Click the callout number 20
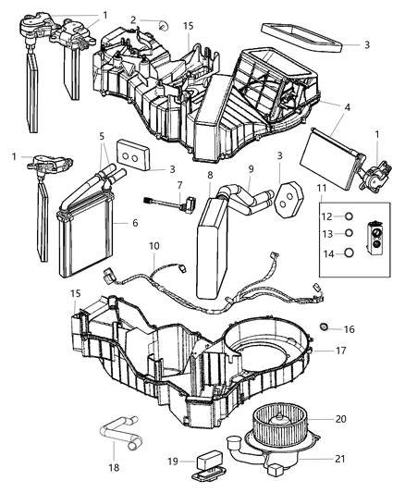point(341,419)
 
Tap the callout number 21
point(341,456)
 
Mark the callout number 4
point(347,107)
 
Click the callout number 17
point(340,351)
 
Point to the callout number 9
point(251,168)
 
